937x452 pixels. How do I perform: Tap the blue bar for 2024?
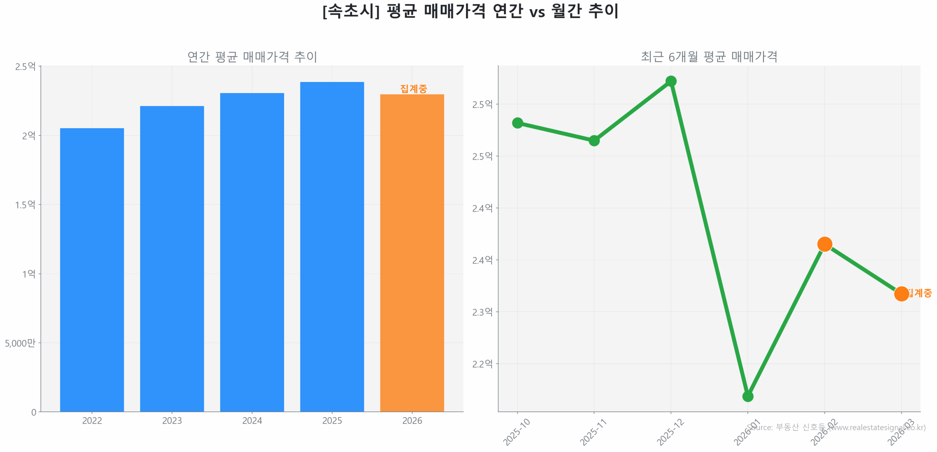pyautogui.click(x=252, y=252)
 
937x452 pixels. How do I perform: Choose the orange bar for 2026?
pyautogui.click(x=412, y=253)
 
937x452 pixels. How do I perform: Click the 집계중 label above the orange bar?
pyautogui.click(x=413, y=89)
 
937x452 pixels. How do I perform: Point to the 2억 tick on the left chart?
pyautogui.click(x=29, y=136)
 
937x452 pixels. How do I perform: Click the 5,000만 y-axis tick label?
pyautogui.click(x=20, y=343)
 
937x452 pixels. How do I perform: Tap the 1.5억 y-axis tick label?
pyautogui.click(x=25, y=204)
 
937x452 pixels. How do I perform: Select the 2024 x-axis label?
pyautogui.click(x=252, y=420)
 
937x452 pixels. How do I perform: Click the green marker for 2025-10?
pyautogui.click(x=517, y=123)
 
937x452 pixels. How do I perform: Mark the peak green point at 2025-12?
pyautogui.click(x=671, y=81)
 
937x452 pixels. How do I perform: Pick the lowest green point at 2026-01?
pyautogui.click(x=747, y=396)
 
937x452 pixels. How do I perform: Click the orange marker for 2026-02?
pyautogui.click(x=824, y=244)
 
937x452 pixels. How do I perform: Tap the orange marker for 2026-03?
pyautogui.click(x=901, y=293)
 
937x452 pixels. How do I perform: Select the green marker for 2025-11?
pyautogui.click(x=594, y=140)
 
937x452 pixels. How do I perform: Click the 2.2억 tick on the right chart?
pyautogui.click(x=482, y=364)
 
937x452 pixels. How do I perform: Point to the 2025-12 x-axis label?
pyautogui.click(x=671, y=432)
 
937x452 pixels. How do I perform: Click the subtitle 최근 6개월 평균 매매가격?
pyautogui.click(x=709, y=57)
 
